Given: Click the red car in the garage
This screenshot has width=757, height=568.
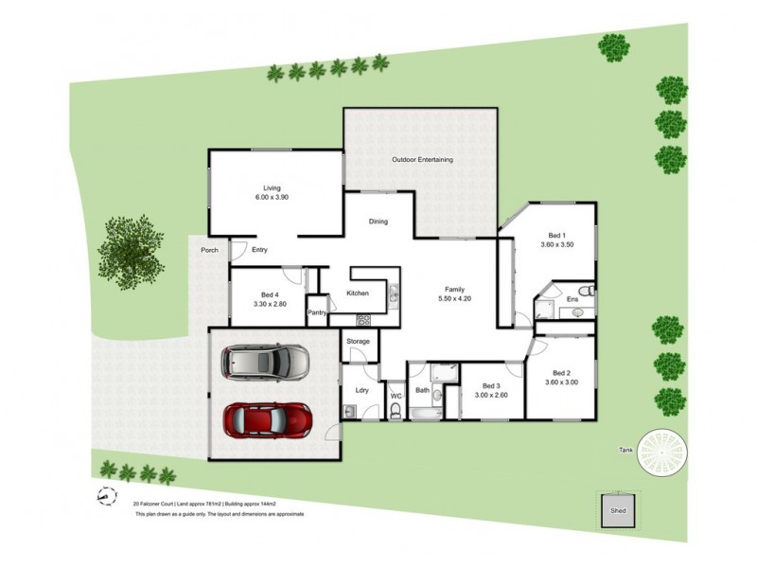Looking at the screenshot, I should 267,417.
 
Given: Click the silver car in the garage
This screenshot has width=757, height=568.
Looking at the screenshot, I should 265,361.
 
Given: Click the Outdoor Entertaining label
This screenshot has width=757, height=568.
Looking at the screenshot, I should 422,160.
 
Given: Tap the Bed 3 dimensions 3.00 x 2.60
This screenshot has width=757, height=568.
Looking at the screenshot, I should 490,396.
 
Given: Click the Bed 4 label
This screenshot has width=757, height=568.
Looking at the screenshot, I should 270,294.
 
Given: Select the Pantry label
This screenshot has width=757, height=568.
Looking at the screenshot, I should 317,312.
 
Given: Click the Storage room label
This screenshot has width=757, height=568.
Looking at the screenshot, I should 358,341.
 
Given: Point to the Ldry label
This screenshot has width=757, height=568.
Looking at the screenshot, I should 361,390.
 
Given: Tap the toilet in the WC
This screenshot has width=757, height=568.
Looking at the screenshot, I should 396,411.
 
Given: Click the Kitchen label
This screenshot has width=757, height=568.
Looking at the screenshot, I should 357,293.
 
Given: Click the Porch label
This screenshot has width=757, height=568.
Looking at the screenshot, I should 209,250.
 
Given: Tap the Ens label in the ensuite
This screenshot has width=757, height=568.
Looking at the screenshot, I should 572,300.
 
